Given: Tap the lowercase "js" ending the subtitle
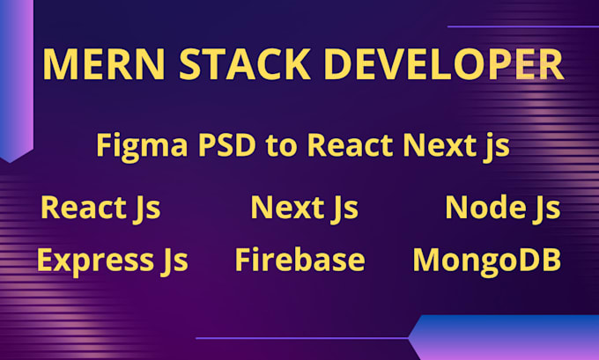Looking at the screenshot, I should (494, 147).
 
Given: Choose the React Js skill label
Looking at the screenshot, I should (100, 208).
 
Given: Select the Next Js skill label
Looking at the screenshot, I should (304, 208).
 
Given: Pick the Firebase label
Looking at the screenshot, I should (299, 260).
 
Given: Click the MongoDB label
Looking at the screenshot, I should (486, 260).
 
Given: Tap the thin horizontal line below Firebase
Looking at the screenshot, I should (299, 337).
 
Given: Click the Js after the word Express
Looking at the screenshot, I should (174, 261).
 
